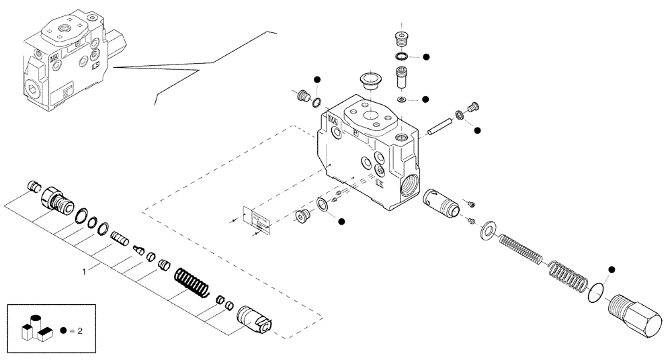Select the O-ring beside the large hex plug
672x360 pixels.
[x=595, y=292]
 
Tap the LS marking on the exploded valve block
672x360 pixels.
[x=380, y=183]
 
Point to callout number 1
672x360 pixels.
[x=83, y=272]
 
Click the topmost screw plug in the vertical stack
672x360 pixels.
[x=402, y=39]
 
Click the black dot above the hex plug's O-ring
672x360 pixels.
[x=612, y=270]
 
